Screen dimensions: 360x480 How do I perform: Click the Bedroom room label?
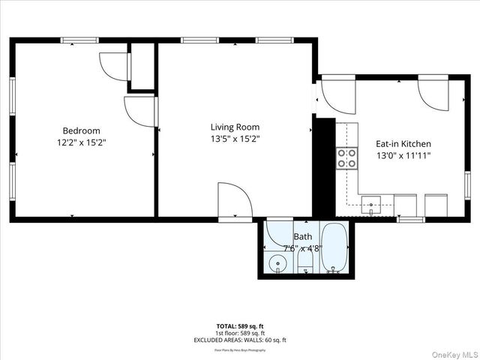pyautogui.click(x=81, y=130)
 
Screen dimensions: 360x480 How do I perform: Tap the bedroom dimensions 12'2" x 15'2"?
pyautogui.click(x=81, y=142)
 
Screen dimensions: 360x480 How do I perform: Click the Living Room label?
pyautogui.click(x=235, y=127)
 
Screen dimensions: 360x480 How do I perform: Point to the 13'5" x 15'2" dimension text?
pyautogui.click(x=235, y=139)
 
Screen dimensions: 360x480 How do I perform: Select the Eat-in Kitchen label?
pyautogui.click(x=403, y=143)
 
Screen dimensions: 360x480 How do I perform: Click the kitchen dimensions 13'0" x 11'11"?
pyautogui.click(x=403, y=155)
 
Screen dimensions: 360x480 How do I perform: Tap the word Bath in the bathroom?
pyautogui.click(x=303, y=236)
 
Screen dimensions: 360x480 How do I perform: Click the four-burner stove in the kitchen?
pyautogui.click(x=346, y=157)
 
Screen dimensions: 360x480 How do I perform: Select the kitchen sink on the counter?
pyautogui.click(x=370, y=204)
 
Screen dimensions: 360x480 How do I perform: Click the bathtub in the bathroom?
pyautogui.click(x=334, y=248)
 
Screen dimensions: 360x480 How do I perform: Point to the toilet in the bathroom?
pyautogui.click(x=305, y=260)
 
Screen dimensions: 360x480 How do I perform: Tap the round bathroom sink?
pyautogui.click(x=278, y=263)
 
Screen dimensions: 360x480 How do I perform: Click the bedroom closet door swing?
pyautogui.click(x=114, y=66)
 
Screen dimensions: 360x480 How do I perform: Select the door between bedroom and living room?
pyautogui.click(x=139, y=112)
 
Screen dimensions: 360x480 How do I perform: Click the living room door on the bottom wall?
pyautogui.click(x=234, y=201)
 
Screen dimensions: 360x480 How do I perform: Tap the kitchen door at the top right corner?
pyautogui.click(x=433, y=91)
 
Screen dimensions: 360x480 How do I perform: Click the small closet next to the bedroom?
pyautogui.click(x=142, y=67)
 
